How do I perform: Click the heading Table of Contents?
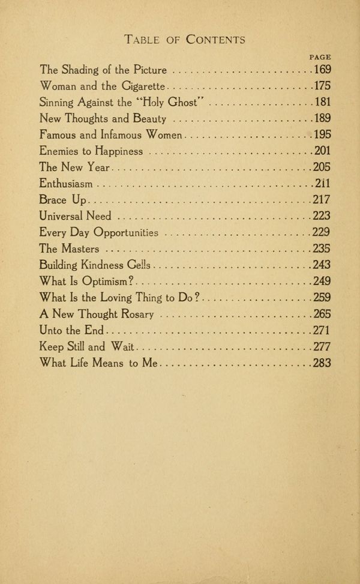click(184, 40)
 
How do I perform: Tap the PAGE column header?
click(320, 57)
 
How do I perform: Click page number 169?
click(322, 70)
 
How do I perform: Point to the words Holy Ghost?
click(179, 102)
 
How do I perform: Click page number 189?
click(322, 118)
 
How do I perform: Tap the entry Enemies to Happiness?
click(91, 151)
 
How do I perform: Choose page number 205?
click(322, 167)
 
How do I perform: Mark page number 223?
click(322, 216)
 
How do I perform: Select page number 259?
click(322, 297)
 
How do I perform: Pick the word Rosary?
click(137, 313)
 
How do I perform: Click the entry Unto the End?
click(71, 330)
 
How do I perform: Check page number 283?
click(322, 363)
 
